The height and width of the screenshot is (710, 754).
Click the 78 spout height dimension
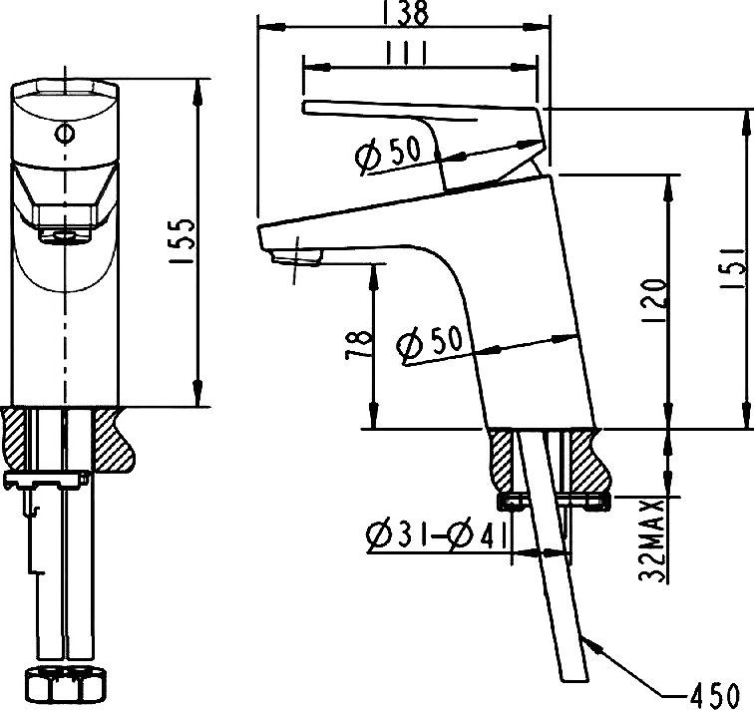tap(361, 345)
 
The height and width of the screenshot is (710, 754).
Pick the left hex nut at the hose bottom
tap(47, 687)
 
